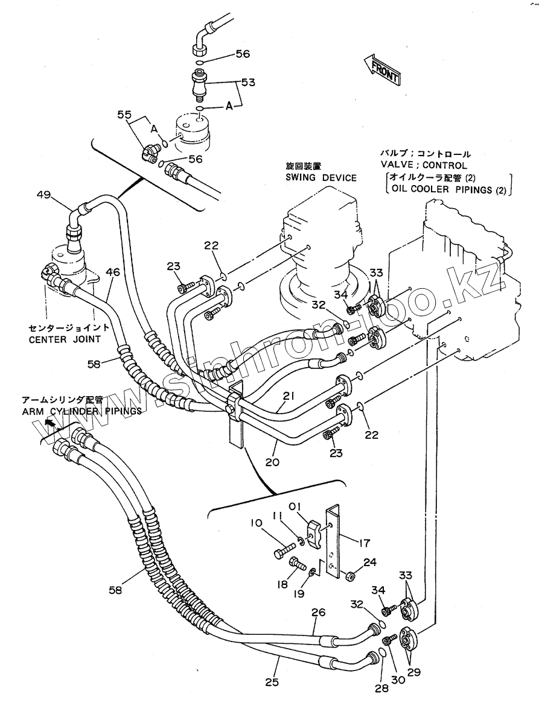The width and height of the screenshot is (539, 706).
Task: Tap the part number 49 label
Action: point(44,195)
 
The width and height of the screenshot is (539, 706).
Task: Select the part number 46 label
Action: point(113,272)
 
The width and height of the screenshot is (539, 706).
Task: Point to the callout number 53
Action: point(248,82)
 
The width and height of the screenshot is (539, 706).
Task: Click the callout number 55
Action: point(124,115)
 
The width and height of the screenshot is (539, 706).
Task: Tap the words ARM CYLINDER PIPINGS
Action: point(81,411)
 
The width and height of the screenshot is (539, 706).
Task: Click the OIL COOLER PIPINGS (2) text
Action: point(448,189)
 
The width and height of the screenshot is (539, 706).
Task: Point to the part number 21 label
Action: point(289,396)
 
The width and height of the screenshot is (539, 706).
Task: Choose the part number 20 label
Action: point(272,461)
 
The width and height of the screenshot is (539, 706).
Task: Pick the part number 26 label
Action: point(318,613)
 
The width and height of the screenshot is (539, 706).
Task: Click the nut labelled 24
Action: point(349,576)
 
